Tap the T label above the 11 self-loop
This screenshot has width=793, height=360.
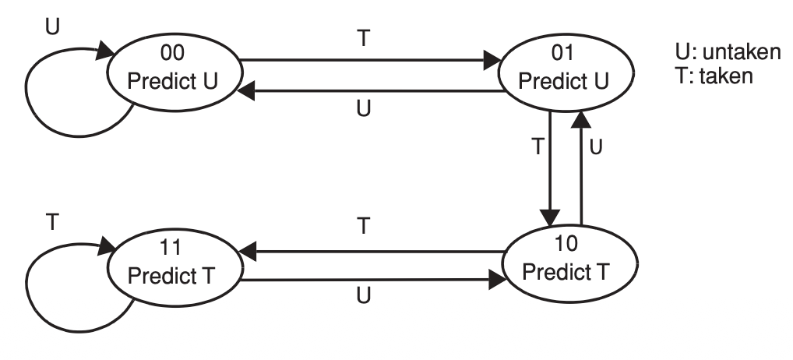point(52,222)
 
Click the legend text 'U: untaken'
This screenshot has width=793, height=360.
point(726,55)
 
